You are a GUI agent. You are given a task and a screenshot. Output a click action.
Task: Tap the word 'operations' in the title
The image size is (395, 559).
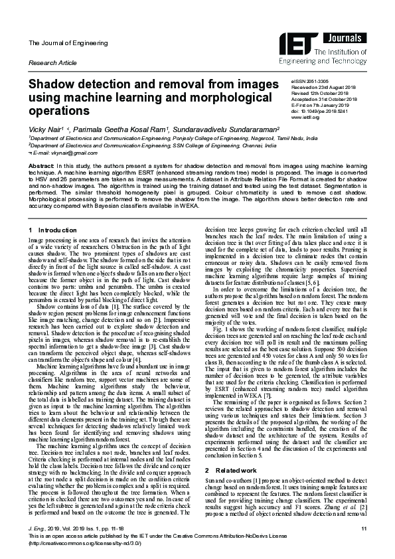tap(59, 111)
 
